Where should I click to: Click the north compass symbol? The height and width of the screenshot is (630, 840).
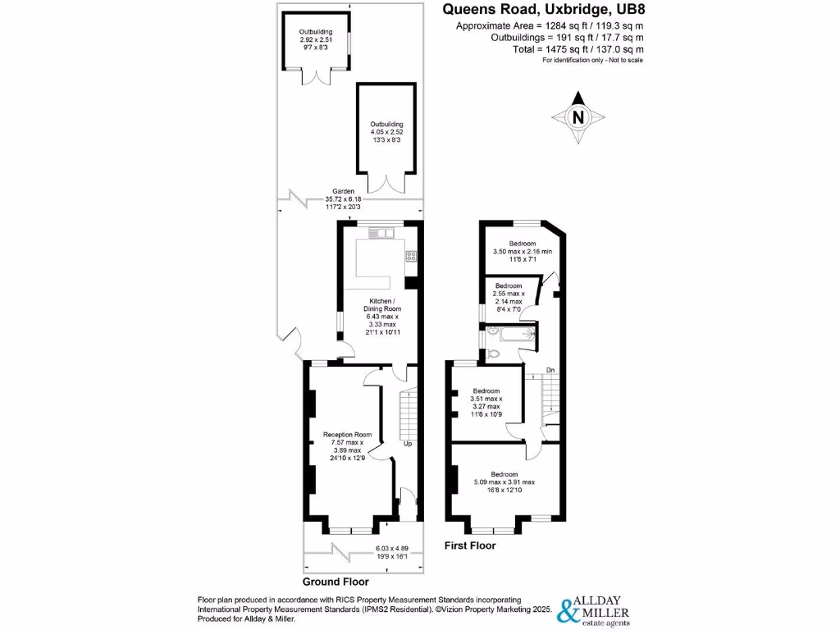[578, 117]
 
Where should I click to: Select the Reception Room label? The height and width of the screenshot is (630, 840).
[347, 447]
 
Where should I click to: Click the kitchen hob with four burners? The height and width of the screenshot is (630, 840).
[411, 256]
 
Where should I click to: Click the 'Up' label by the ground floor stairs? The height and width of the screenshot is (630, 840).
[408, 444]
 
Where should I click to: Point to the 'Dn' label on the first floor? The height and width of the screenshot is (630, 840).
[551, 371]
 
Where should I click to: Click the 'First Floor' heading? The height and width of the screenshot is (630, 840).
[470, 546]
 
